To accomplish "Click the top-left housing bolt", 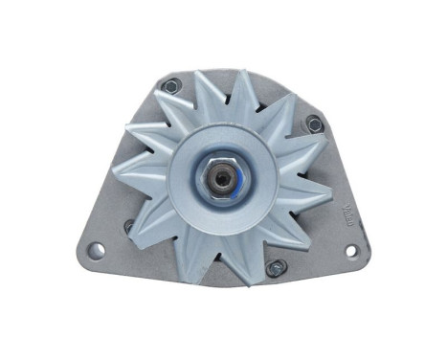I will point(170,85).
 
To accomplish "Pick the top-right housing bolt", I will point(313,123).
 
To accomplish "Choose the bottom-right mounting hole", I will point(351,251).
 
